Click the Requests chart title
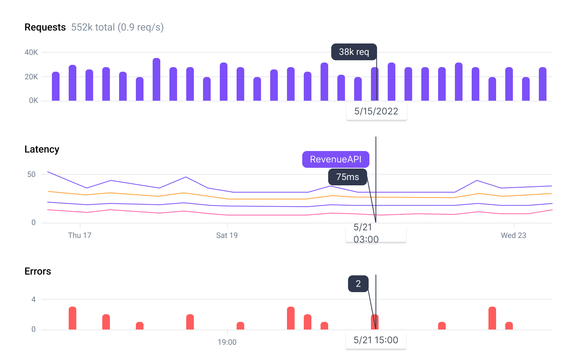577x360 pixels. (45, 27)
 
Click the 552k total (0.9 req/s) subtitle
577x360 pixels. (117, 27)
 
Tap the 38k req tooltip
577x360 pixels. (354, 52)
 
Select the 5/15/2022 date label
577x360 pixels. (376, 111)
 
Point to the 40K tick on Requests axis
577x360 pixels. (31, 53)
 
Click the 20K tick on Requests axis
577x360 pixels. (31, 77)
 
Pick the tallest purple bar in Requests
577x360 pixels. (156, 79)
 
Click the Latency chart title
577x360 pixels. (42, 149)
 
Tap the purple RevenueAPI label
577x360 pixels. (335, 159)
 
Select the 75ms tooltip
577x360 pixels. (347, 177)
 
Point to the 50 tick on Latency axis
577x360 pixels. (31, 175)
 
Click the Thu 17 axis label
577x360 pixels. (80, 235)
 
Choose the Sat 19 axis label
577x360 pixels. (227, 235)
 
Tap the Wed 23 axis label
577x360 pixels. (513, 235)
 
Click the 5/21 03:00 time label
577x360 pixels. (366, 233)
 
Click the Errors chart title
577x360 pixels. (38, 272)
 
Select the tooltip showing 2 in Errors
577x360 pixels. (358, 284)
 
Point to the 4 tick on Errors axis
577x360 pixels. (34, 300)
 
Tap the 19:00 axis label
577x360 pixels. (227, 342)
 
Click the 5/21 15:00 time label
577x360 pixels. (376, 340)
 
